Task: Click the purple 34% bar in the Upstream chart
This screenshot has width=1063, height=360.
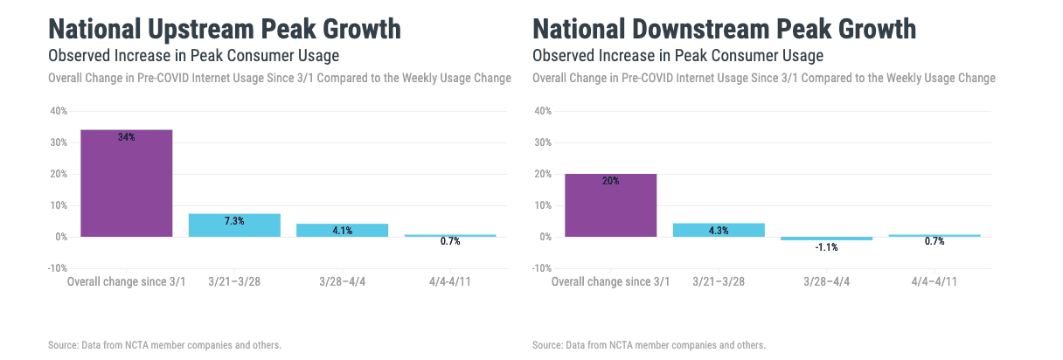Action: tap(126, 183)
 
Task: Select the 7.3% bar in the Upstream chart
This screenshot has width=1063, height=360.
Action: tap(234, 225)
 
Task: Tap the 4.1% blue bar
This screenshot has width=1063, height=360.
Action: tap(342, 230)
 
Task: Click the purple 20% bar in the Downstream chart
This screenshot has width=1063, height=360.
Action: tap(611, 205)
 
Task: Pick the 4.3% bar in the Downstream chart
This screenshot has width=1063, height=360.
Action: tap(719, 230)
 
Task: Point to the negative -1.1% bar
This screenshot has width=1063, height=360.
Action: tap(827, 239)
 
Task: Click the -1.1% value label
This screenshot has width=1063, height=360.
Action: tap(827, 247)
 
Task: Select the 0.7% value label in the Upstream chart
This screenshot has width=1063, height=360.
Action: tap(450, 241)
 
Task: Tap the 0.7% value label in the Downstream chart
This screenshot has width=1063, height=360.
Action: tap(934, 241)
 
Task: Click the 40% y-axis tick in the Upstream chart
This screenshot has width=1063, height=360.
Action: tap(59, 111)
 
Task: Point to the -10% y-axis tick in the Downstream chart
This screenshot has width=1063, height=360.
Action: tap(541, 268)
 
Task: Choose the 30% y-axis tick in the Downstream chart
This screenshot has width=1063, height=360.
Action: tap(543, 142)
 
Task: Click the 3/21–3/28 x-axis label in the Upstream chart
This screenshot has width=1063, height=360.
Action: tap(234, 281)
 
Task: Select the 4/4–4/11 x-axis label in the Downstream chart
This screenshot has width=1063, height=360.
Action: tap(934, 281)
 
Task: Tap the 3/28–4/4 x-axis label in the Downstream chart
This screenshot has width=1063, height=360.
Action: tap(827, 281)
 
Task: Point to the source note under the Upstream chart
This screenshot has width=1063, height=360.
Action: tap(164, 345)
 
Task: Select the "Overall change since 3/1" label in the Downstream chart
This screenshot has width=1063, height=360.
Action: tap(611, 281)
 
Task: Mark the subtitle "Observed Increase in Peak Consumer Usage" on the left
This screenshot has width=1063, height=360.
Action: tap(193, 56)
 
